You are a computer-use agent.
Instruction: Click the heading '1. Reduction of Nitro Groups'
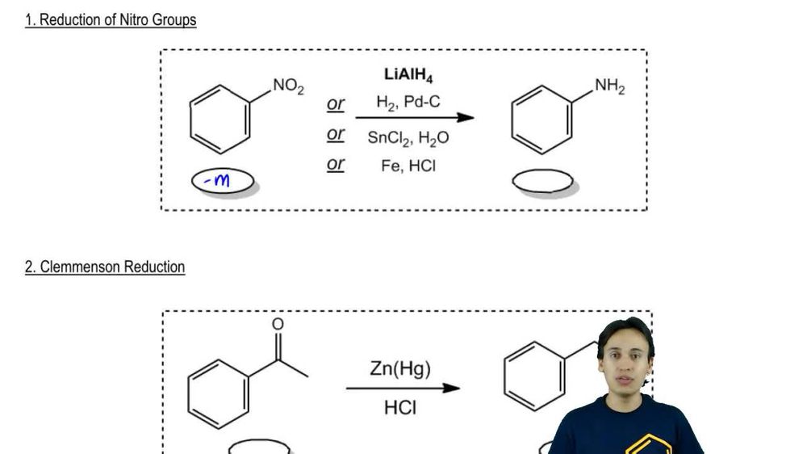[111, 19]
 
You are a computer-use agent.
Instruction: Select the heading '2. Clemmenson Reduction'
[105, 267]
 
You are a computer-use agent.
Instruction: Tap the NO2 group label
[288, 86]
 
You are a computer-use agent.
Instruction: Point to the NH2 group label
[610, 86]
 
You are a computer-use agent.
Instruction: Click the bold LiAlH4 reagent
[408, 74]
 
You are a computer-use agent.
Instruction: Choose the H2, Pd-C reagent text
[408, 102]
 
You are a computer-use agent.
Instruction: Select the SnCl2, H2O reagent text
[408, 137]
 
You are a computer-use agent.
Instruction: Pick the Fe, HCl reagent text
[408, 166]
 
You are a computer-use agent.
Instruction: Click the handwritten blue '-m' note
[216, 180]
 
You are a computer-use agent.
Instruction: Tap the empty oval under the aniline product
[542, 181]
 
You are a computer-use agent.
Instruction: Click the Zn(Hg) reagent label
[400, 368]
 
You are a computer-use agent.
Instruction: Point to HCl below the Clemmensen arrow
[400, 408]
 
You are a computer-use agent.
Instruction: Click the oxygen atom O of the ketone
[278, 324]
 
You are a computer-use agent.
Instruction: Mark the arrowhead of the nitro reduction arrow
[466, 117]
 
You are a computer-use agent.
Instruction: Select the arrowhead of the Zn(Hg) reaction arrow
[451, 388]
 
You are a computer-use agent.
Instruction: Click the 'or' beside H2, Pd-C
[336, 104]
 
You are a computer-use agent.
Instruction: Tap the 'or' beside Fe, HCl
[336, 164]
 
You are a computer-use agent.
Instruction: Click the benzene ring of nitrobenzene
[220, 120]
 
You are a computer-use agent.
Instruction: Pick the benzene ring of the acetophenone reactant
[218, 394]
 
